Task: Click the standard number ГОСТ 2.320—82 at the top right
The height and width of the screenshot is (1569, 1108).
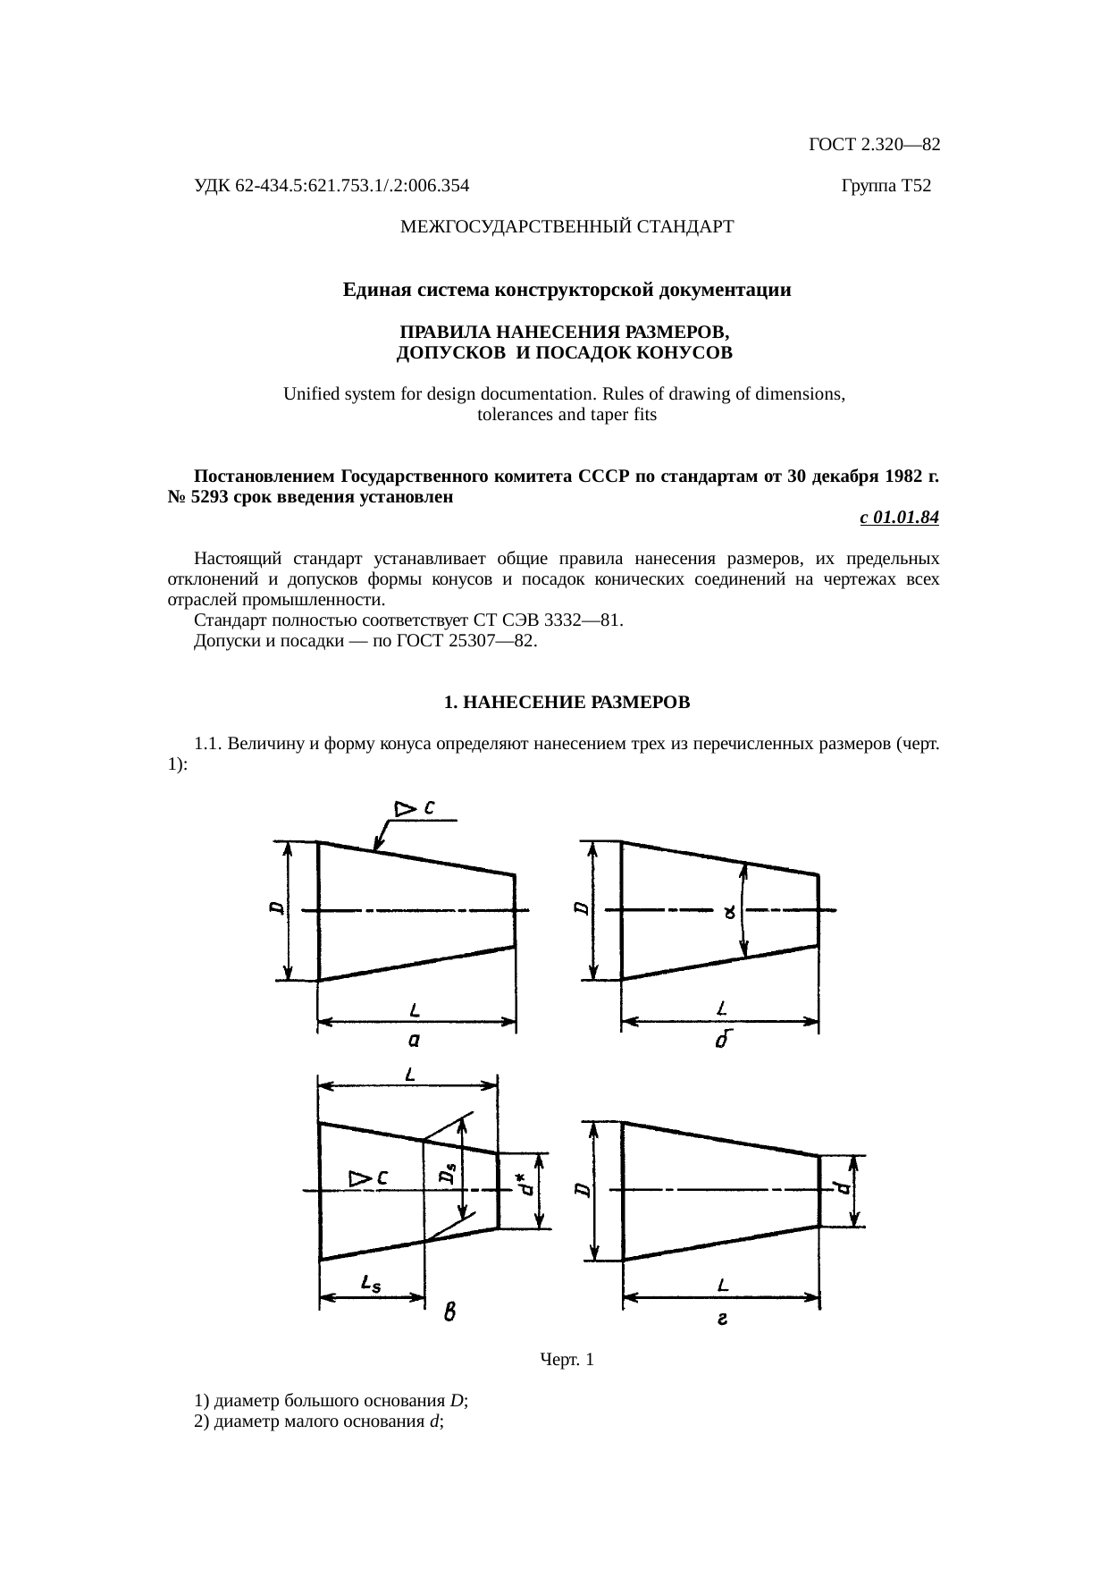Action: pyautogui.click(x=873, y=145)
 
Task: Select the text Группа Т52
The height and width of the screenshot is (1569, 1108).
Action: pyautogui.click(x=886, y=186)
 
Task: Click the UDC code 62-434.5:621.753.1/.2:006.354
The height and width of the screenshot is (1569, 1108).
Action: pyautogui.click(x=332, y=186)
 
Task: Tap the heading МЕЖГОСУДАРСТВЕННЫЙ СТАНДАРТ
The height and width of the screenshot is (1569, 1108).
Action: pyautogui.click(x=567, y=227)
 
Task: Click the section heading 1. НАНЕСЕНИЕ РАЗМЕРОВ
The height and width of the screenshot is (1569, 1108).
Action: pyautogui.click(x=567, y=703)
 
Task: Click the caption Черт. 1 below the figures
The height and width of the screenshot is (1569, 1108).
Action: pyautogui.click(x=567, y=1360)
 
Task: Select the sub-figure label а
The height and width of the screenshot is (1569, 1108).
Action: pyautogui.click(x=414, y=1040)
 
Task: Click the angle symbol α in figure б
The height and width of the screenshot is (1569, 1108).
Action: pyautogui.click(x=730, y=913)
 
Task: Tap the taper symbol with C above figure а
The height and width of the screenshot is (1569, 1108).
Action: pyautogui.click(x=415, y=808)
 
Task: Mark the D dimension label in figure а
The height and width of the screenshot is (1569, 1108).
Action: pyautogui.click(x=277, y=908)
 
